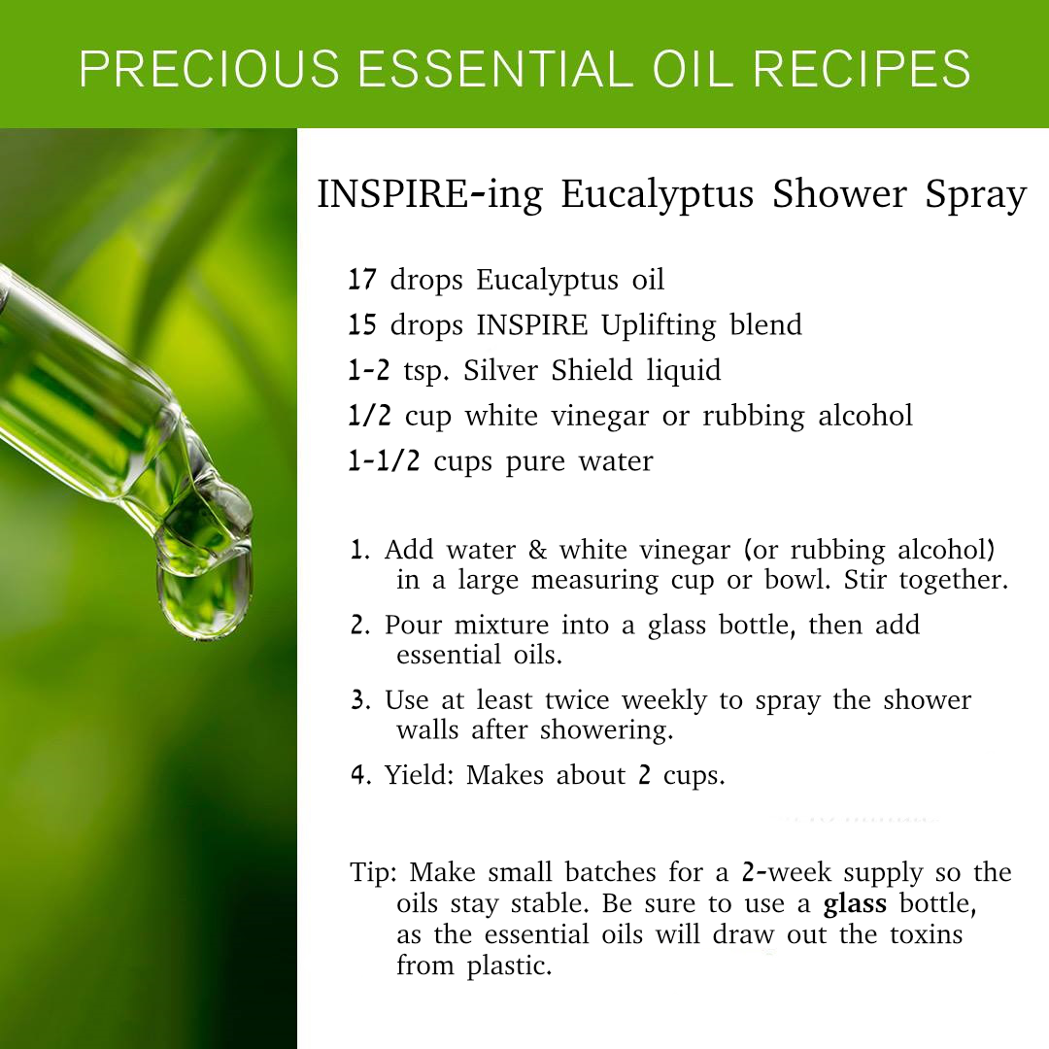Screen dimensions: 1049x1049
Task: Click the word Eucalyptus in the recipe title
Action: tap(657, 194)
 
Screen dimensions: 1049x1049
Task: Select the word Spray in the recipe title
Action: tap(975, 195)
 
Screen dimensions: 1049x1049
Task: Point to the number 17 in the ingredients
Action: tap(362, 279)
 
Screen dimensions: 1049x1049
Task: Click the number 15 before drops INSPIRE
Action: tap(362, 324)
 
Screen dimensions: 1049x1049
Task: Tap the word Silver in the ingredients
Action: tap(500, 370)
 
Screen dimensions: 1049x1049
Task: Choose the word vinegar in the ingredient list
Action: tap(600, 416)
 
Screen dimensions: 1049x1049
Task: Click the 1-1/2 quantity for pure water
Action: tap(384, 461)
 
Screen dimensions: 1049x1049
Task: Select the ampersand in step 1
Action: tap(537, 550)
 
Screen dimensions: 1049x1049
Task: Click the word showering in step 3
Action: tap(606, 730)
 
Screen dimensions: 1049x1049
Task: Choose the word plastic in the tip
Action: tap(509, 966)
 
